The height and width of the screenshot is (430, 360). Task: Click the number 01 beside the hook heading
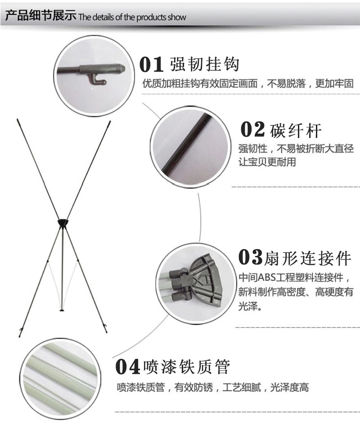pyautogui.click(x=151, y=64)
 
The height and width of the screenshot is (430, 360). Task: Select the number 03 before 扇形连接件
pyautogui.click(x=250, y=257)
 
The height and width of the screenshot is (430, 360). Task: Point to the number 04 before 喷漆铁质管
pyautogui.click(x=128, y=367)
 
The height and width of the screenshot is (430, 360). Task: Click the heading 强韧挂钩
pyautogui.click(x=204, y=64)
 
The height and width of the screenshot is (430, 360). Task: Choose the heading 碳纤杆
pyautogui.click(x=296, y=130)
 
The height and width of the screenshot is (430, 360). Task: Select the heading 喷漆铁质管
pyautogui.click(x=186, y=367)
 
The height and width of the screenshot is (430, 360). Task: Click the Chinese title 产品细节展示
pyautogui.click(x=40, y=16)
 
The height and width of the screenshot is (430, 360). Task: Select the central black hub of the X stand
pyautogui.click(x=63, y=222)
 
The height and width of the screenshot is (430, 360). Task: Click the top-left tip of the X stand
pyautogui.click(x=17, y=120)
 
